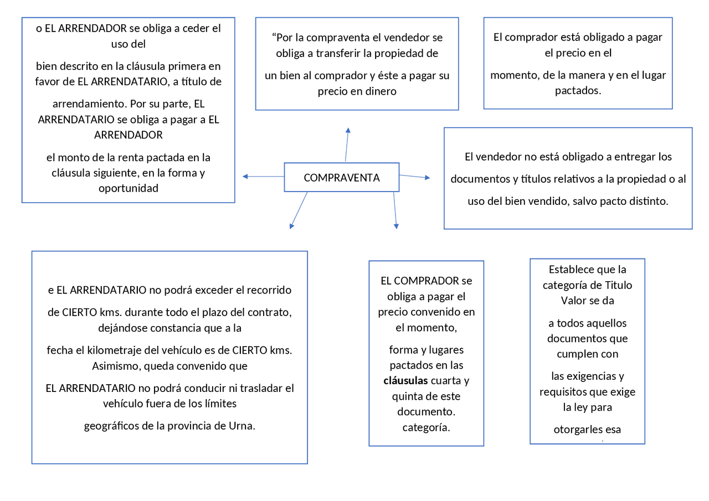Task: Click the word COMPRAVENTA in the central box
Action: click(341, 178)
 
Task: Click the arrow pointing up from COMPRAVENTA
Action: click(347, 144)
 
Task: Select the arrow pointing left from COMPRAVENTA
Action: click(263, 177)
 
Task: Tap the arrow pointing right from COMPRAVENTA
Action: click(414, 177)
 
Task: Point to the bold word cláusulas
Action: click(405, 381)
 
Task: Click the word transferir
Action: click(342, 54)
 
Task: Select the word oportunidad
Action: click(129, 188)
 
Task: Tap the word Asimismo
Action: click(114, 366)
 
